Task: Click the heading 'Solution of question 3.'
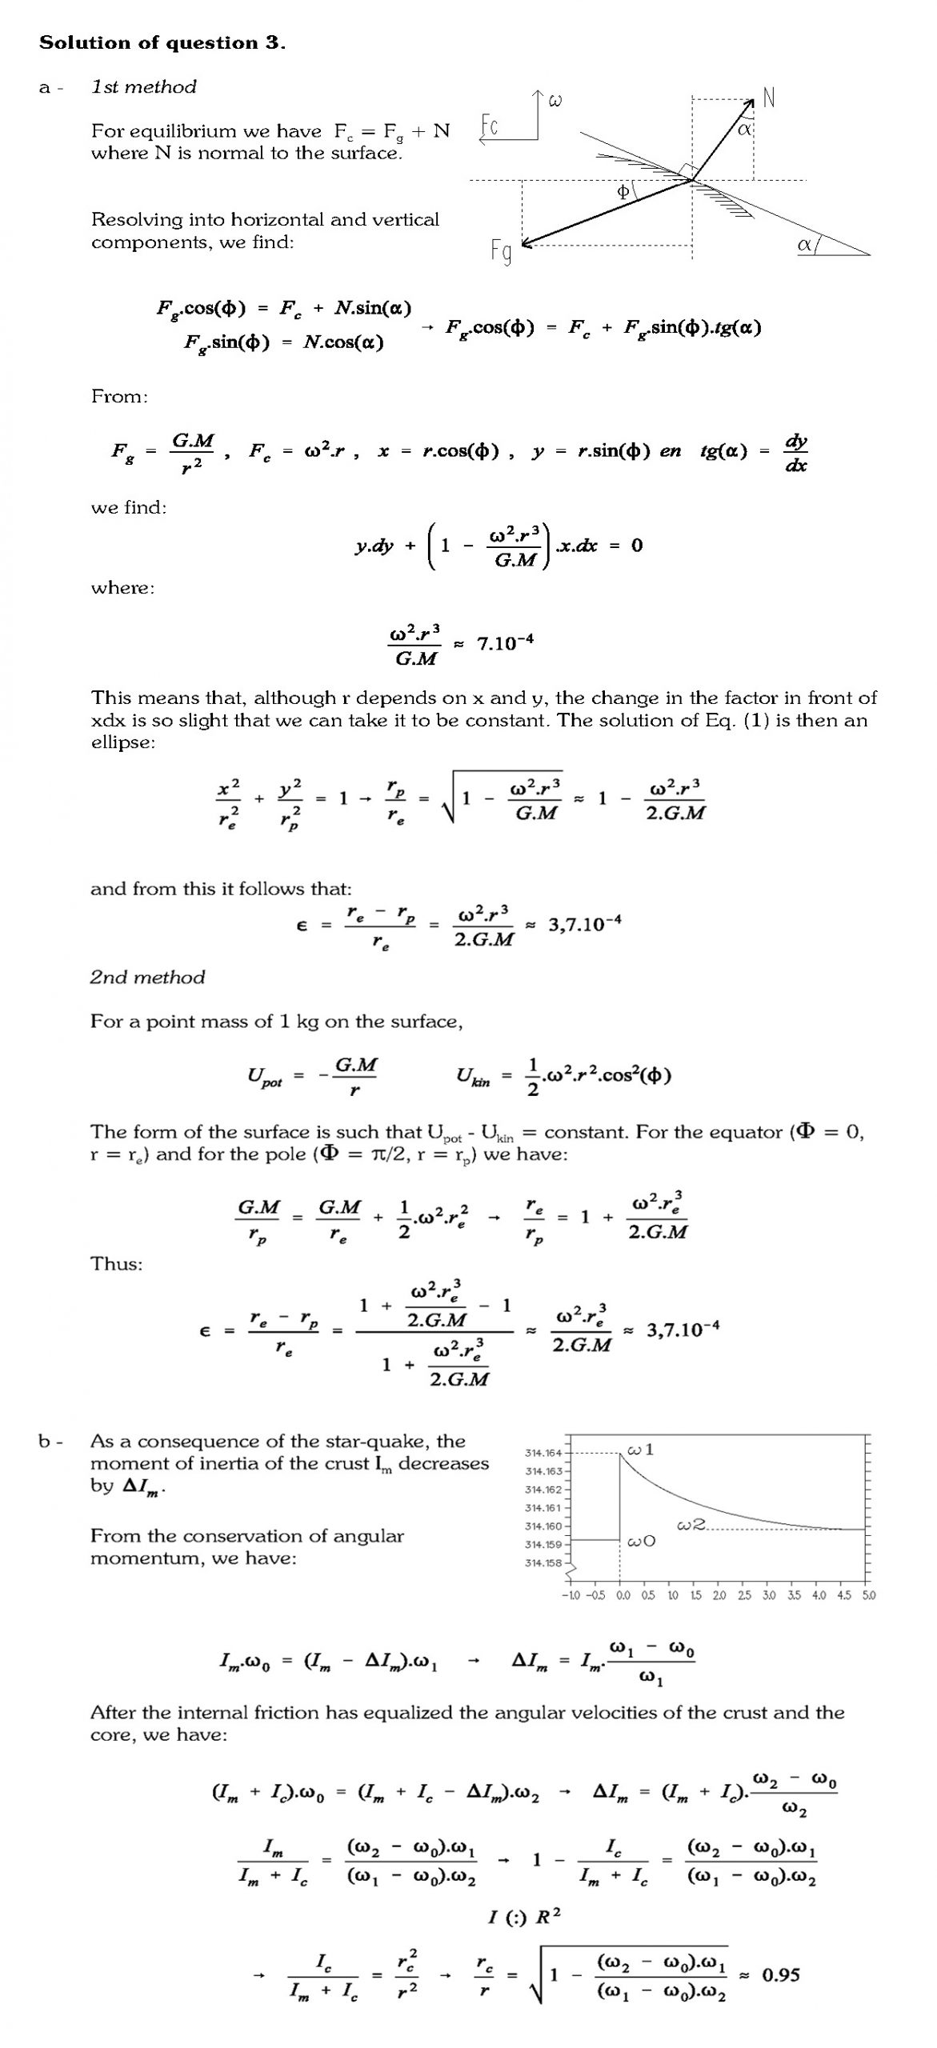[162, 43]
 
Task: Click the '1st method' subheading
[143, 87]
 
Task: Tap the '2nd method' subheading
[147, 977]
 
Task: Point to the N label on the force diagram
[769, 98]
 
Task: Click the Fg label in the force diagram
[502, 252]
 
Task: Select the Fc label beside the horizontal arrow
[491, 126]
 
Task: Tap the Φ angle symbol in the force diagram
[623, 192]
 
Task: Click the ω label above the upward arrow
[555, 101]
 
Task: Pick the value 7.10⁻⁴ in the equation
[505, 643]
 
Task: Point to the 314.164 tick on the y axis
[543, 1453]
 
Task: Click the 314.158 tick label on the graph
[543, 1562]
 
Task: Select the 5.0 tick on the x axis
[868, 1595]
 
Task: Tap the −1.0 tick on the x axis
[571, 1595]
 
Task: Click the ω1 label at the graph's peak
[641, 1450]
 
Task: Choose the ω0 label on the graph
[642, 1542]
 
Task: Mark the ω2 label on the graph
[691, 1526]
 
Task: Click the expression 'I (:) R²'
[524, 1917]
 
